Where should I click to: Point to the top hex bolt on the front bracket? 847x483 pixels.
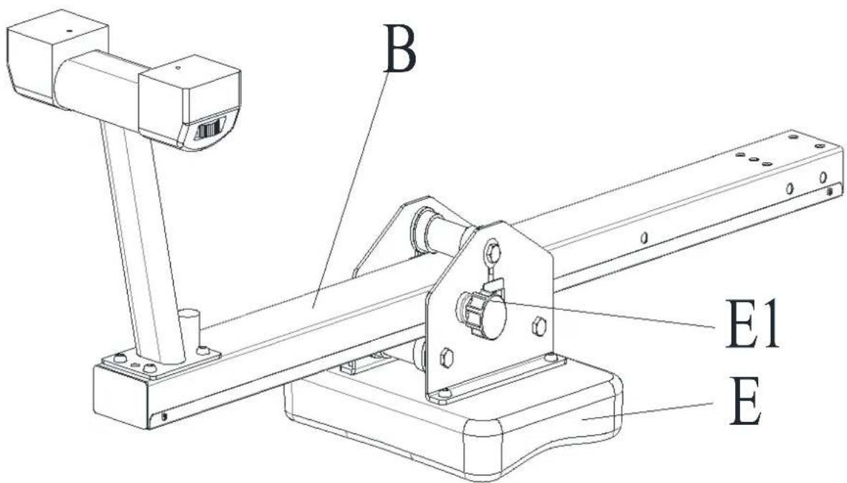tap(493, 252)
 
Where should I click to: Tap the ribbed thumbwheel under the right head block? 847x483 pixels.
tap(209, 131)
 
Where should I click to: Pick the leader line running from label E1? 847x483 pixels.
tap(610, 314)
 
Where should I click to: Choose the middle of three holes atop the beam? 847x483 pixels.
tap(754, 159)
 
